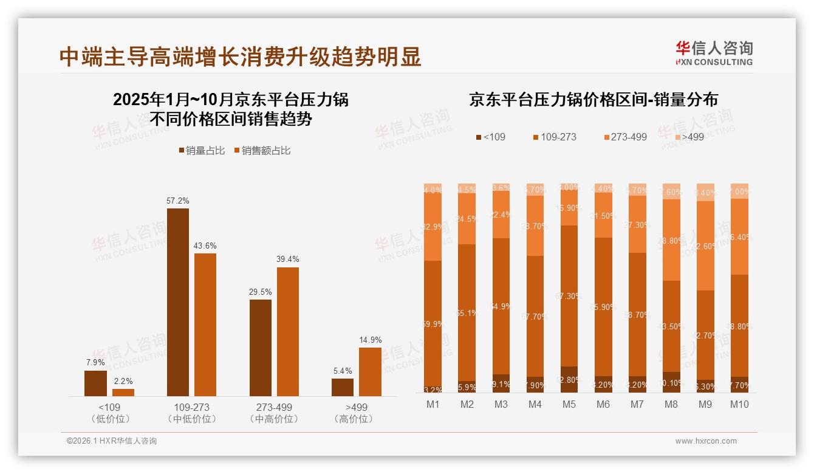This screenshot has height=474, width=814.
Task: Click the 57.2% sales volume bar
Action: pos(177,302)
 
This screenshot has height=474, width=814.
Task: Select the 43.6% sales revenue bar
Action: pos(205,325)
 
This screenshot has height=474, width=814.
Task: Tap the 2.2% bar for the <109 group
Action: pos(123,393)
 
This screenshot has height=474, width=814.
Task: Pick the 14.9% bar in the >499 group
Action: pos(370,372)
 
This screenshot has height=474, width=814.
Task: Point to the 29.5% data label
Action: pos(260,292)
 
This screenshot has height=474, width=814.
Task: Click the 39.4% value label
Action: pos(287,259)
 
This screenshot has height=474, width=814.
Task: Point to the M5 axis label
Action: pos(569,404)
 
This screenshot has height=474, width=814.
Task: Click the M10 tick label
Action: pos(739,404)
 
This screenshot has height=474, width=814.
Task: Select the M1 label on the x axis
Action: pos(433,404)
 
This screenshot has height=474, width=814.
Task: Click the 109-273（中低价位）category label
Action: pos(191,413)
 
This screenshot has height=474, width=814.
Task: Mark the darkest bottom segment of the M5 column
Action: pos(569,380)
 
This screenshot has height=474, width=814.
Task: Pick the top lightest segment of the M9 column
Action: pos(705,192)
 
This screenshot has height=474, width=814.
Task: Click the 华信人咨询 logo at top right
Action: pos(714,52)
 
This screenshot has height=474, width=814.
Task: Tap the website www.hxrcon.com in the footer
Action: pos(706,441)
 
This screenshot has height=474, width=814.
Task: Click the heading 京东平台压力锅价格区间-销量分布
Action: pos(593,100)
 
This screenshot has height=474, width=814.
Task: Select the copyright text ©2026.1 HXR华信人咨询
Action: pos(112,441)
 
